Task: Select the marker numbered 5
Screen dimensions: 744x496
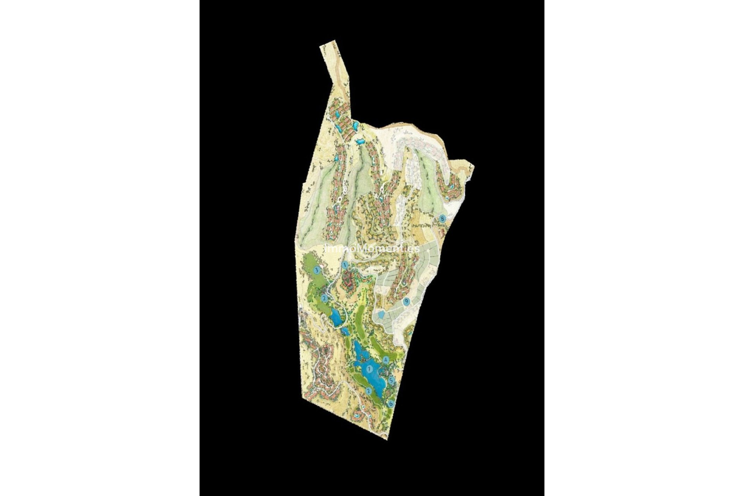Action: click(391, 381)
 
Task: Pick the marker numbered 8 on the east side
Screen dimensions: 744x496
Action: click(443, 218)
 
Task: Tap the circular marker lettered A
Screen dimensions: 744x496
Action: click(386, 360)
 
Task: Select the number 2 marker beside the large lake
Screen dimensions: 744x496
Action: click(369, 391)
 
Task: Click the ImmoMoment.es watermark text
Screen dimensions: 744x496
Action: click(372, 248)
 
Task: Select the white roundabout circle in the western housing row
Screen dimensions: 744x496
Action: click(339, 199)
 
